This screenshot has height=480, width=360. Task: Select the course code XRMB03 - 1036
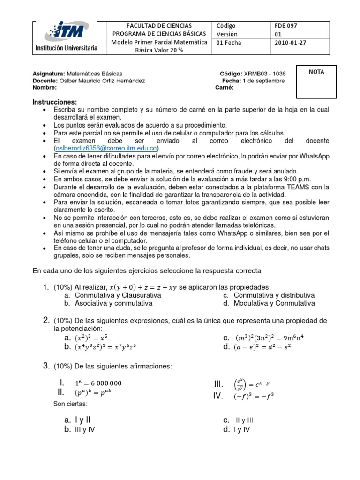(264, 74)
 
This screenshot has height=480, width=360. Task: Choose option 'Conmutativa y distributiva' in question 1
(274, 295)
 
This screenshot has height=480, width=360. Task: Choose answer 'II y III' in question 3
(244, 420)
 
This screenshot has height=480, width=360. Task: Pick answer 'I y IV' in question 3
(242, 429)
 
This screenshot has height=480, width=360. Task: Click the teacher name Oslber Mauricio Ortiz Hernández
(106, 81)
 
